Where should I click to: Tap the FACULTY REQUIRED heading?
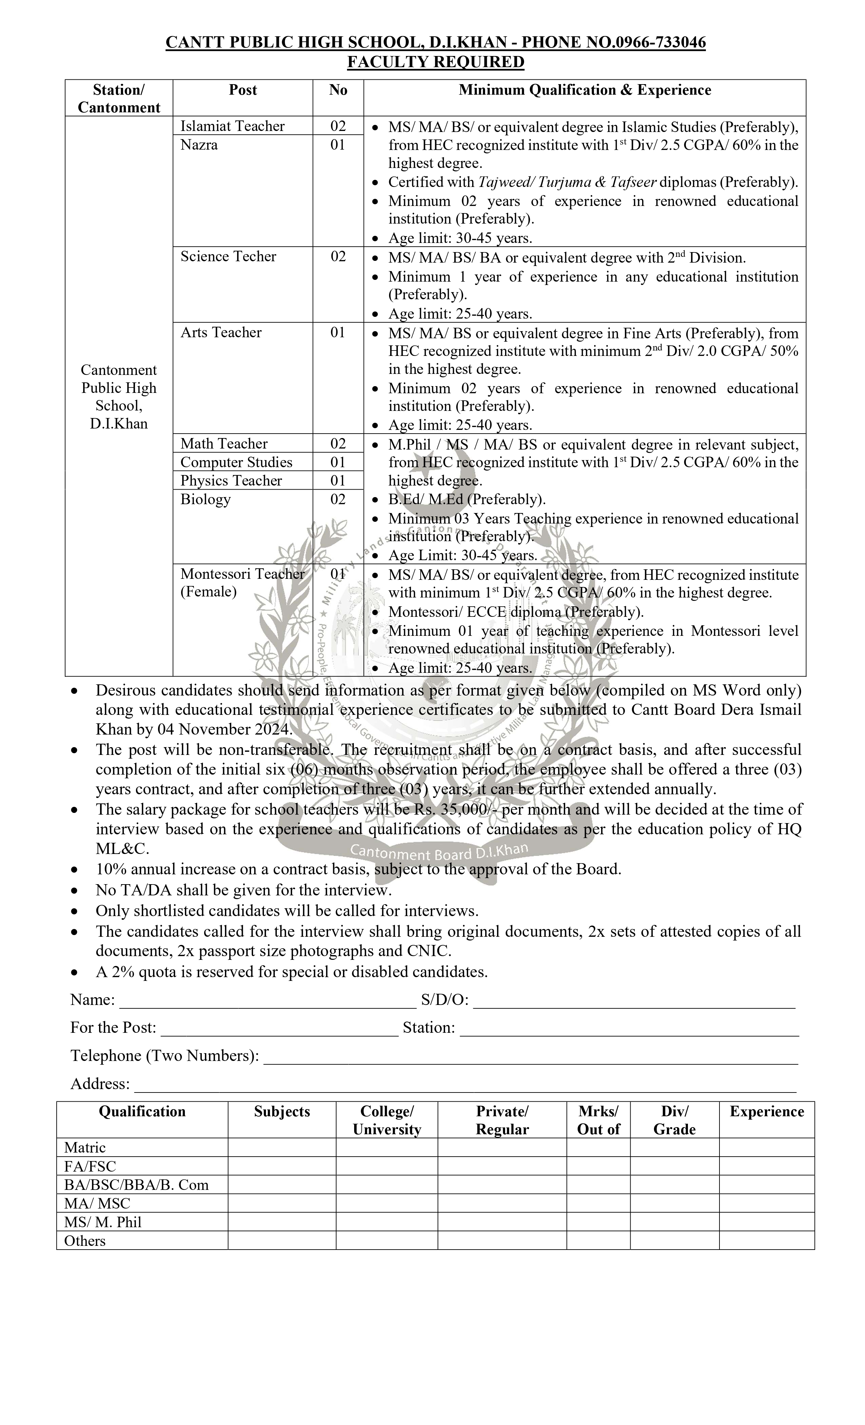click(436, 62)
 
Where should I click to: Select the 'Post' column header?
click(243, 90)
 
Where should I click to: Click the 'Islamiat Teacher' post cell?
click(232, 126)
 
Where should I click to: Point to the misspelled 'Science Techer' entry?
click(228, 256)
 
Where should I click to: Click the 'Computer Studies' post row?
click(236, 462)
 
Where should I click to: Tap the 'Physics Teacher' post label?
click(231, 480)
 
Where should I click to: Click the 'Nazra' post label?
click(199, 145)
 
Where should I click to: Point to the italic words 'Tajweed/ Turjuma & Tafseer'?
click(568, 182)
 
